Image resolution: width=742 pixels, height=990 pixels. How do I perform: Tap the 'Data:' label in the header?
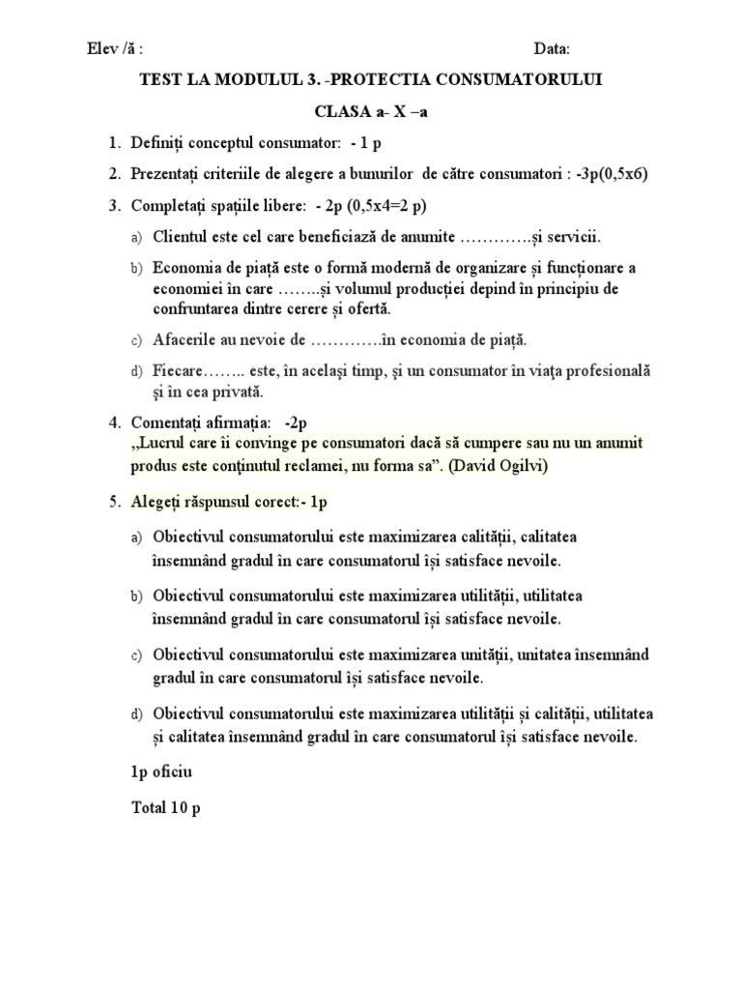(553, 49)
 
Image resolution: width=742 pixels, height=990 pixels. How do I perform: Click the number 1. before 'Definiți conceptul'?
(114, 144)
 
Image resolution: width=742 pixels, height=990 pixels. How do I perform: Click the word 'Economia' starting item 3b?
(188, 267)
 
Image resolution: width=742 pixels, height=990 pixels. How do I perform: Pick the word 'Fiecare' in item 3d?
(177, 370)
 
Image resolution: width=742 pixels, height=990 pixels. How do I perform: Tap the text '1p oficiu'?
(162, 772)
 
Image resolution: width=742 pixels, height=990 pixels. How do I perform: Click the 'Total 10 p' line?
(166, 809)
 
